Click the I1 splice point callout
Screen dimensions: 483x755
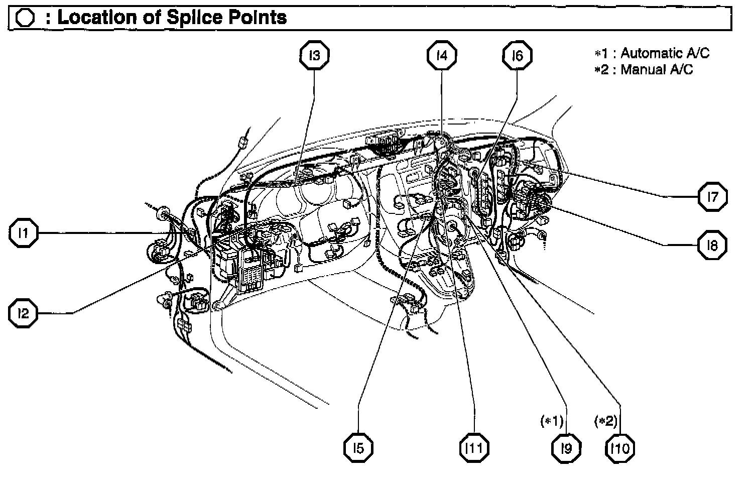[23, 233]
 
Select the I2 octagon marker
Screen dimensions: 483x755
[23, 314]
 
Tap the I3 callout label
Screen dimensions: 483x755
[314, 55]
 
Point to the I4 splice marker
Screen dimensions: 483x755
[442, 55]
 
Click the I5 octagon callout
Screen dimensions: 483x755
[358, 448]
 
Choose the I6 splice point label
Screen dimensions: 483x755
[517, 55]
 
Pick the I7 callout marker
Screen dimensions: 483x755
[712, 197]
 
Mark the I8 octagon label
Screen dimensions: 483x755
[712, 246]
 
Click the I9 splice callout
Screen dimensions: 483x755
[566, 448]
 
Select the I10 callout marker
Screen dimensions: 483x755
[620, 448]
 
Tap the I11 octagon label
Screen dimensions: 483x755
[474, 448]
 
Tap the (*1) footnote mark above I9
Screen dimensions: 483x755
[552, 421]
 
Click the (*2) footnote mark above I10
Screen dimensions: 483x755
[605, 421]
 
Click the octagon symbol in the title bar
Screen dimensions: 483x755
[25, 18]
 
